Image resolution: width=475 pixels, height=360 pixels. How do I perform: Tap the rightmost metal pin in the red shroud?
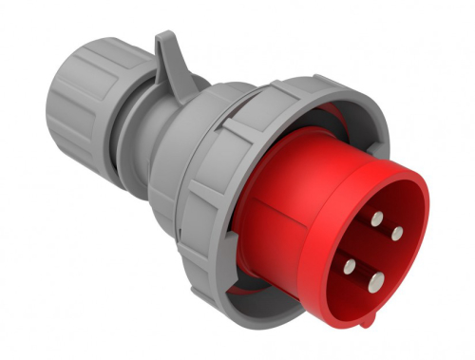pyautogui.click(x=396, y=233)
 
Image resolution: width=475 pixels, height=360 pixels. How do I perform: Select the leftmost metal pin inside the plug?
pyautogui.click(x=351, y=265)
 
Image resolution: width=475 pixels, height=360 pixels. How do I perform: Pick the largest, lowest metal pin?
pyautogui.click(x=376, y=279)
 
